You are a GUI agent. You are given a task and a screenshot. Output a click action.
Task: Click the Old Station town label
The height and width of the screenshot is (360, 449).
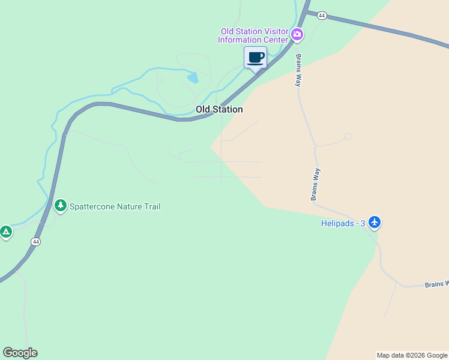point(219,109)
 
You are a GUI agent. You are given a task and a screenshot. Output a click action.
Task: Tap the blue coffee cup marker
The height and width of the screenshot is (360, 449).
point(256,58)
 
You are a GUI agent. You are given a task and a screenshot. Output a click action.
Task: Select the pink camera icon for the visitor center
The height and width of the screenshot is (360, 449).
point(297,35)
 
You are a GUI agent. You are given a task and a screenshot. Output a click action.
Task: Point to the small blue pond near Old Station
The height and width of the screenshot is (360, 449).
point(193,77)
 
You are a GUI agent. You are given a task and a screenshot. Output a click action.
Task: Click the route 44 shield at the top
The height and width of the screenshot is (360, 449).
point(322,16)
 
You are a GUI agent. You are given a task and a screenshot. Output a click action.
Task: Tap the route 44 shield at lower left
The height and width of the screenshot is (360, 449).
point(36,241)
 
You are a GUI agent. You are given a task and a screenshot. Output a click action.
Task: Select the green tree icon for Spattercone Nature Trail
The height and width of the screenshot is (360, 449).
point(60,206)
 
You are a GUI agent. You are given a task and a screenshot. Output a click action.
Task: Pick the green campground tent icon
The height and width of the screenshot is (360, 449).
point(6,232)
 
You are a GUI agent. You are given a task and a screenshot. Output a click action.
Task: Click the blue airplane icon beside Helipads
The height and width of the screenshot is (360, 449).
point(375,223)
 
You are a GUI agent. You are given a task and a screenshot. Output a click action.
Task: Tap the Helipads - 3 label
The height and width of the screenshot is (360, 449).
point(342,223)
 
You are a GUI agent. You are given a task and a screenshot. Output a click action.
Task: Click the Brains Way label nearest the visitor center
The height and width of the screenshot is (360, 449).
point(298,70)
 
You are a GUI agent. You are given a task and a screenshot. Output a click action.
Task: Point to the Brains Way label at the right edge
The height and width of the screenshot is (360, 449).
point(436,284)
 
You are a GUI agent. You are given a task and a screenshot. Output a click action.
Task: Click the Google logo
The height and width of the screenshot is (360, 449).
point(20,353)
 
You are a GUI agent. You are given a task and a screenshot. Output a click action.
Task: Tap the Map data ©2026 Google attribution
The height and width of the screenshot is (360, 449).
point(412,355)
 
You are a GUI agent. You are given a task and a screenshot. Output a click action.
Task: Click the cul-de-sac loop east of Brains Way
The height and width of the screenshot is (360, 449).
point(348,137)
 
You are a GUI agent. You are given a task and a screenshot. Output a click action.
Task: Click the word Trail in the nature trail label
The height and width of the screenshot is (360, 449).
point(149,206)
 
